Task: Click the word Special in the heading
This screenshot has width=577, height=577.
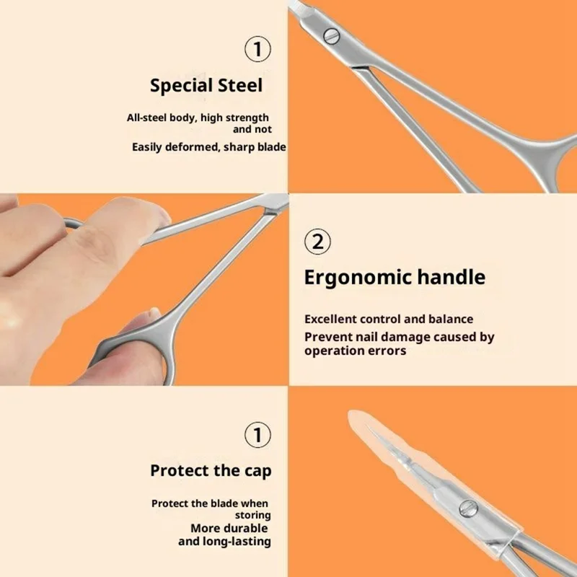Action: (180, 86)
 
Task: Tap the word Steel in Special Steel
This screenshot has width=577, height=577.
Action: (239, 85)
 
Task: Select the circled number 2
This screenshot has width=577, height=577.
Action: (317, 241)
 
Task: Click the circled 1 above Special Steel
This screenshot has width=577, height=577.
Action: (258, 50)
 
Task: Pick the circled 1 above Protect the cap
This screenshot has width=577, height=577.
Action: (258, 436)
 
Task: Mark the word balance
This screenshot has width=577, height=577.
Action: (451, 319)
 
